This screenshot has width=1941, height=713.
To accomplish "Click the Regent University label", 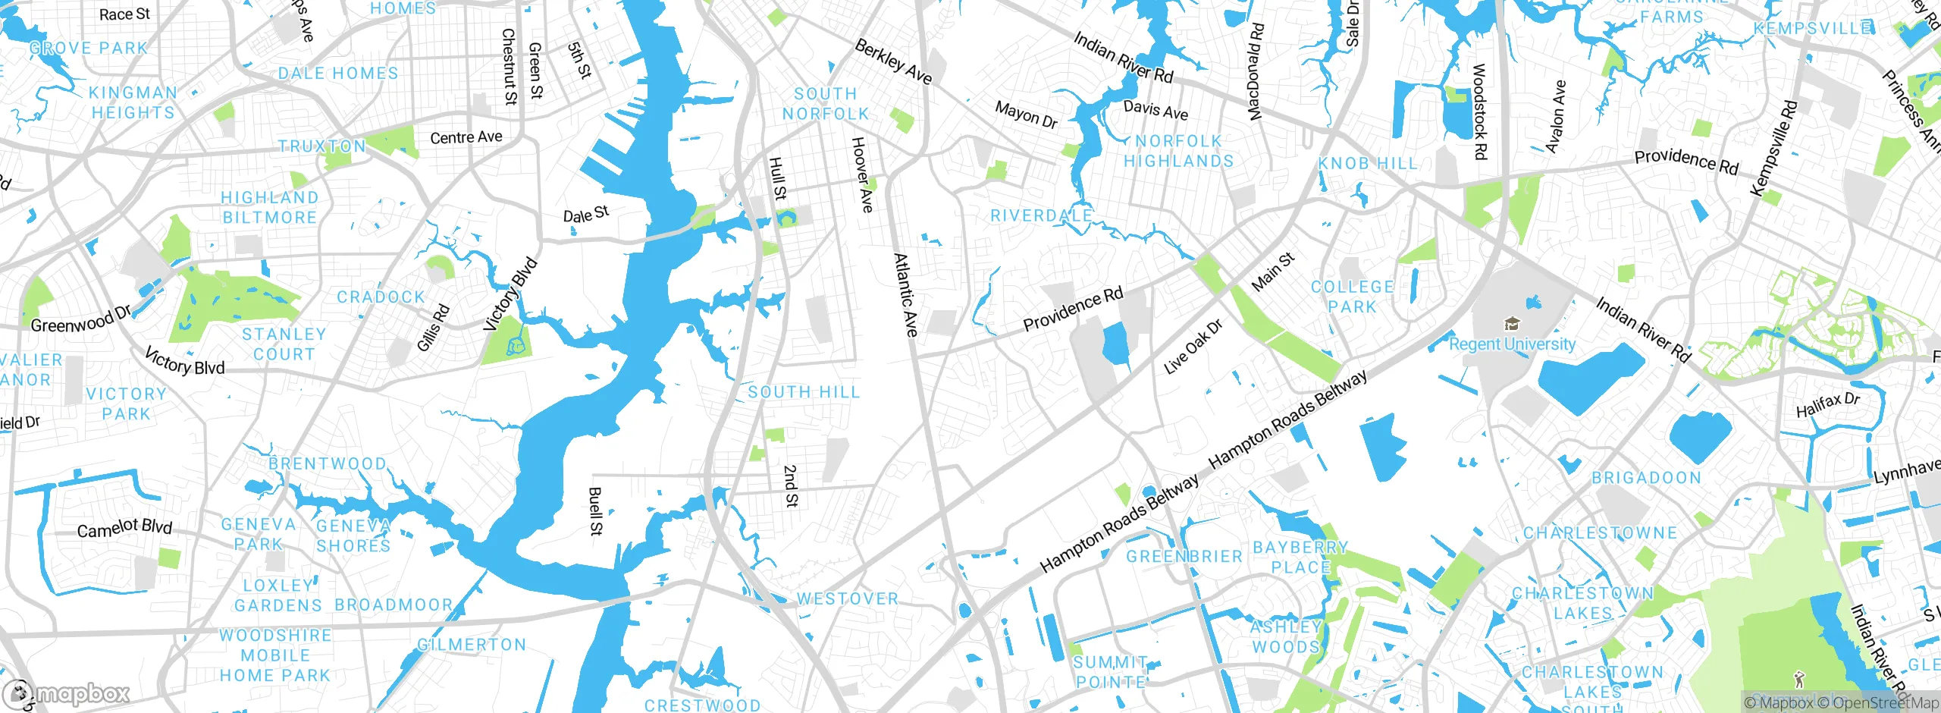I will (1512, 344).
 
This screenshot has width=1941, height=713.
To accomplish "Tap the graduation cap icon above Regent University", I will (1512, 325).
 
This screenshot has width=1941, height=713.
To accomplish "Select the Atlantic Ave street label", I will (905, 295).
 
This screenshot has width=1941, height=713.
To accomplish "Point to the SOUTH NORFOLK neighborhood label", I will (826, 104).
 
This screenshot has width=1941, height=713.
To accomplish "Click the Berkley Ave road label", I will (893, 61).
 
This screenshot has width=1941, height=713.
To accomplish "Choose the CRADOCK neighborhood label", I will (381, 297).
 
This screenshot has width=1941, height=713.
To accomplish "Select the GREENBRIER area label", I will (1184, 557).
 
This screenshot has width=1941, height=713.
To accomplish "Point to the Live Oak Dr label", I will (1193, 347).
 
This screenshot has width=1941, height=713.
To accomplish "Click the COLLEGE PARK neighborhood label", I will (1353, 297).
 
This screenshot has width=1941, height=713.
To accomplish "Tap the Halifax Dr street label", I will (1827, 405).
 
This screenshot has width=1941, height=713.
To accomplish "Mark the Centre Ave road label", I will (466, 137).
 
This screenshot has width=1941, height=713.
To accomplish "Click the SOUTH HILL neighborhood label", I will (804, 392).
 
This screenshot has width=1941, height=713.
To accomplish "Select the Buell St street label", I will (595, 511).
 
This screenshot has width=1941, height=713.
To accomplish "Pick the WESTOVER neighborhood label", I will (847, 599).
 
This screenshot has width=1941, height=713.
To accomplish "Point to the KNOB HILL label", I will (1368, 164).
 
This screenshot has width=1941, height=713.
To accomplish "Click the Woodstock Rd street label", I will (1479, 112).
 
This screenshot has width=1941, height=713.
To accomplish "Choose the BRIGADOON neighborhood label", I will (1646, 478).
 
